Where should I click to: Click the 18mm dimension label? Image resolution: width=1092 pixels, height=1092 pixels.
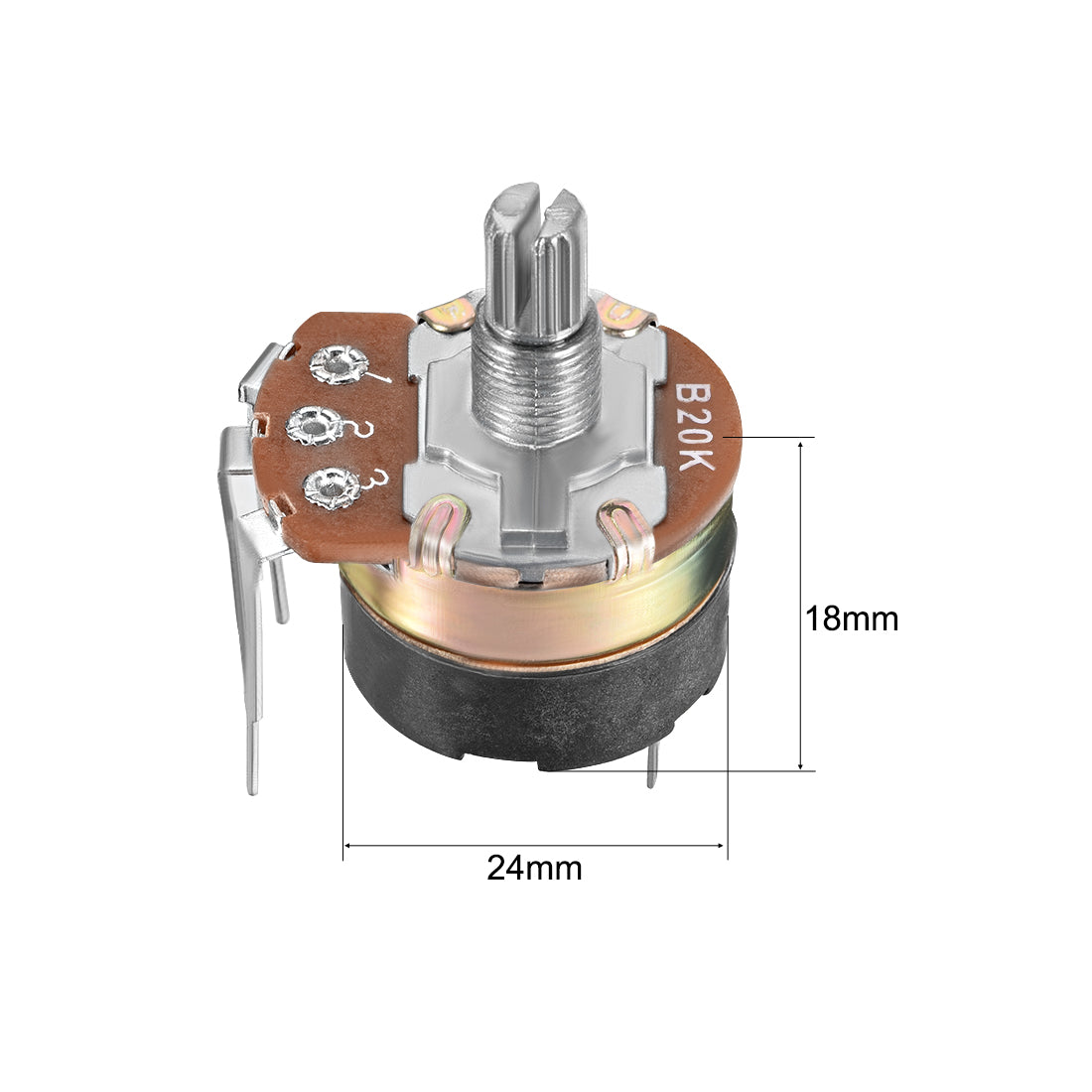point(851,618)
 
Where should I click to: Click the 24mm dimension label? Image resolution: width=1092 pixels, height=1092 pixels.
point(534,869)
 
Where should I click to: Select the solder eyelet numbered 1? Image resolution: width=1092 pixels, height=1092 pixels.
point(339,364)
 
